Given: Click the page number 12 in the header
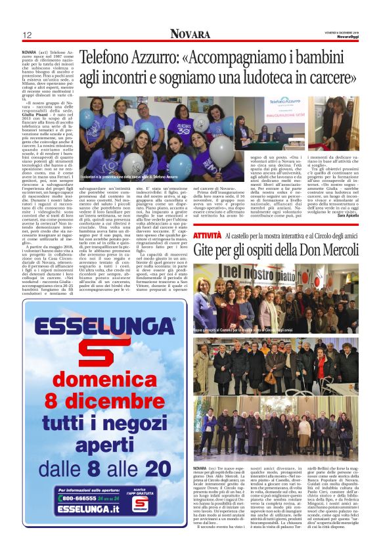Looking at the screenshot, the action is pos(27,35).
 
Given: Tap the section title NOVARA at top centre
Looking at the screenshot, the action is pos(190,34).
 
